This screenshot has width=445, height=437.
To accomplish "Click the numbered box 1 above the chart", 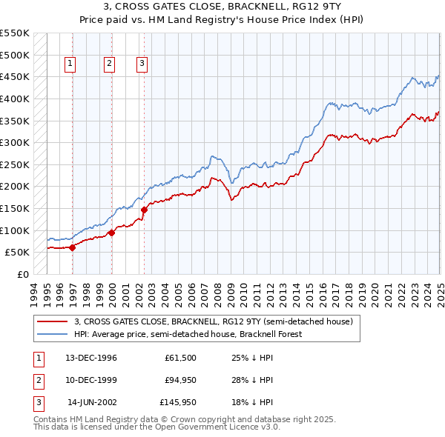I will click(70, 64).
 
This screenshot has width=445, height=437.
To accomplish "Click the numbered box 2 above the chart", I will click(109, 64).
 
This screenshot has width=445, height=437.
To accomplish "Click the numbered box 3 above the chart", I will click(141, 64).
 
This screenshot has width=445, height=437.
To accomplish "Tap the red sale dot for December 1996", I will click(73, 247).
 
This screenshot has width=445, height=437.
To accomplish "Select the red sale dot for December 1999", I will click(111, 233).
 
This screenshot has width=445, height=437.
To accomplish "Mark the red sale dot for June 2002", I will click(144, 210).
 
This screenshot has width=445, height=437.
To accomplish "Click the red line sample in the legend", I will click(53, 321).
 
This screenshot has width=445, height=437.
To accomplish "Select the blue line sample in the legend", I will click(53, 334).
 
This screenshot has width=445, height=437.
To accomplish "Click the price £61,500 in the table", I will click(181, 358).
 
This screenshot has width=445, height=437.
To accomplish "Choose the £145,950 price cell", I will click(179, 404).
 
